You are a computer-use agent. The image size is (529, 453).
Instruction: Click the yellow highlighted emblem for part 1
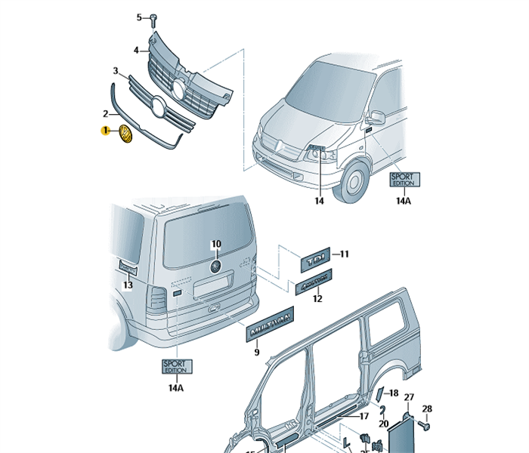click(x=125, y=135)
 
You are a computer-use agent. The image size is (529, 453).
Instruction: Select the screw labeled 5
click(x=153, y=17)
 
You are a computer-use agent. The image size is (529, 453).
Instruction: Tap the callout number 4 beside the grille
click(x=137, y=50)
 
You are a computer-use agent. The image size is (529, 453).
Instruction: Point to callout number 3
click(x=116, y=71)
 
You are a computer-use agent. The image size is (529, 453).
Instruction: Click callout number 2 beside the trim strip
click(x=106, y=114)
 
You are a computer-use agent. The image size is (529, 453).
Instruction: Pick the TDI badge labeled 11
click(x=315, y=260)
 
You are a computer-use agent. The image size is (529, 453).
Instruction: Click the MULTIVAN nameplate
click(x=268, y=322)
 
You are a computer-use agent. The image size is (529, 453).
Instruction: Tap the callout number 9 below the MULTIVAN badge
click(x=256, y=353)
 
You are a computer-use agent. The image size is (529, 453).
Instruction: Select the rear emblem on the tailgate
click(x=215, y=267)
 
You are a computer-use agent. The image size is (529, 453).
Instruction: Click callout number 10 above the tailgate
click(x=215, y=244)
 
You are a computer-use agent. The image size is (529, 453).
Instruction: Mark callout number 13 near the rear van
click(x=128, y=285)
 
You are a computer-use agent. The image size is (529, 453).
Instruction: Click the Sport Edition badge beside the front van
click(x=404, y=180)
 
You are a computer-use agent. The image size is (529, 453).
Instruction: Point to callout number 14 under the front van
click(x=319, y=201)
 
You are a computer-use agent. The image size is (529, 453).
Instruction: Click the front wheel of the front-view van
click(x=354, y=183)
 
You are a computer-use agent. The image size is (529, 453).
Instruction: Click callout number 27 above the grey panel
click(x=409, y=397)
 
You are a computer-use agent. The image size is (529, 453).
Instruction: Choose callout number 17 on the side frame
click(x=363, y=416)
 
